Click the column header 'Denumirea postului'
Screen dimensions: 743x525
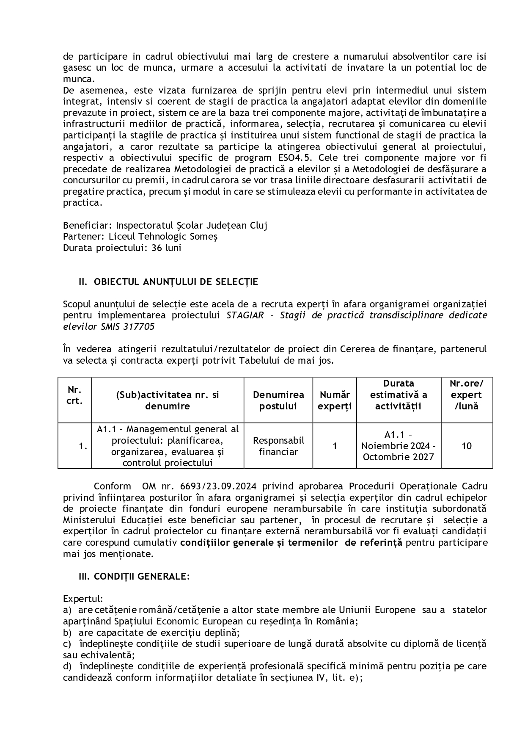tap(278, 400)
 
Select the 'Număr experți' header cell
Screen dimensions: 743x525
tap(335, 400)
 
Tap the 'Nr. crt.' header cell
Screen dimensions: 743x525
tap(74, 395)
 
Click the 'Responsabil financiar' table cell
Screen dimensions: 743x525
tap(278, 446)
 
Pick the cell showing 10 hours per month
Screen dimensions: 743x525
tap(467, 446)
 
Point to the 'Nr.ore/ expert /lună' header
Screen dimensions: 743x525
tap(467, 395)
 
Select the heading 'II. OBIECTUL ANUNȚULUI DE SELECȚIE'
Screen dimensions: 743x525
tap(168, 282)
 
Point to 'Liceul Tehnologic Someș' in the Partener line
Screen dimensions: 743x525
tap(163, 236)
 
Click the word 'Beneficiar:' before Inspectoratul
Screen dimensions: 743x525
tap(88, 225)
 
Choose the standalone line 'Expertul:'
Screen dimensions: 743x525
tap(83, 599)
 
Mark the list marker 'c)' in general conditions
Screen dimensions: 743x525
tap(67, 644)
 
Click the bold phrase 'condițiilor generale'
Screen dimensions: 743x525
tap(227, 542)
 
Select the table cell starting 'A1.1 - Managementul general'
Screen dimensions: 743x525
tap(168, 446)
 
